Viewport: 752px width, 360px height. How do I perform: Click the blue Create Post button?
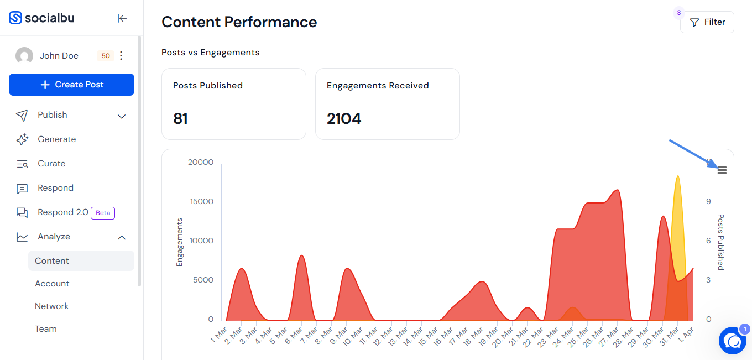[x=71, y=85]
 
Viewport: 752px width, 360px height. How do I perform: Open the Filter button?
[x=707, y=22]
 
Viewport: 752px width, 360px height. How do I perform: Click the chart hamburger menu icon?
[x=722, y=170]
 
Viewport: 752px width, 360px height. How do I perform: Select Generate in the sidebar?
[x=57, y=139]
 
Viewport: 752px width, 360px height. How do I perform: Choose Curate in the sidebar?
[x=51, y=164]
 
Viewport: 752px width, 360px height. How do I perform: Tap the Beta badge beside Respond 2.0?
[x=103, y=213]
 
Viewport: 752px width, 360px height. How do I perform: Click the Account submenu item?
[x=52, y=284]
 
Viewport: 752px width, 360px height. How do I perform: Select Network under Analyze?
[x=52, y=306]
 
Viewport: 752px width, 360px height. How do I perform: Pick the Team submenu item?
[x=46, y=329]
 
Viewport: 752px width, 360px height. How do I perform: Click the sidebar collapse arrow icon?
[x=122, y=18]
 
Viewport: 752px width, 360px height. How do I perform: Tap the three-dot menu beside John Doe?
[x=121, y=55]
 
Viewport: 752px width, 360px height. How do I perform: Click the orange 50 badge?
[x=106, y=56]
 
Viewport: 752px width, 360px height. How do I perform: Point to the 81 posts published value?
[x=180, y=118]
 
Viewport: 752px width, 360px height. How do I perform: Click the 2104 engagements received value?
[x=344, y=118]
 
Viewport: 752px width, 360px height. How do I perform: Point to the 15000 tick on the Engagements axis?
[x=202, y=201]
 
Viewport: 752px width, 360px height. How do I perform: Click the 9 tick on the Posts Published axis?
[x=708, y=201]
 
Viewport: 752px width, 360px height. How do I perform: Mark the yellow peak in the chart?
[x=678, y=176]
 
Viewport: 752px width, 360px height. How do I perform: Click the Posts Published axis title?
[x=721, y=242]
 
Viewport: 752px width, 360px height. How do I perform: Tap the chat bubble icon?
[x=733, y=341]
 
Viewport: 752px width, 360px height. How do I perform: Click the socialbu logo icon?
[x=15, y=18]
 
